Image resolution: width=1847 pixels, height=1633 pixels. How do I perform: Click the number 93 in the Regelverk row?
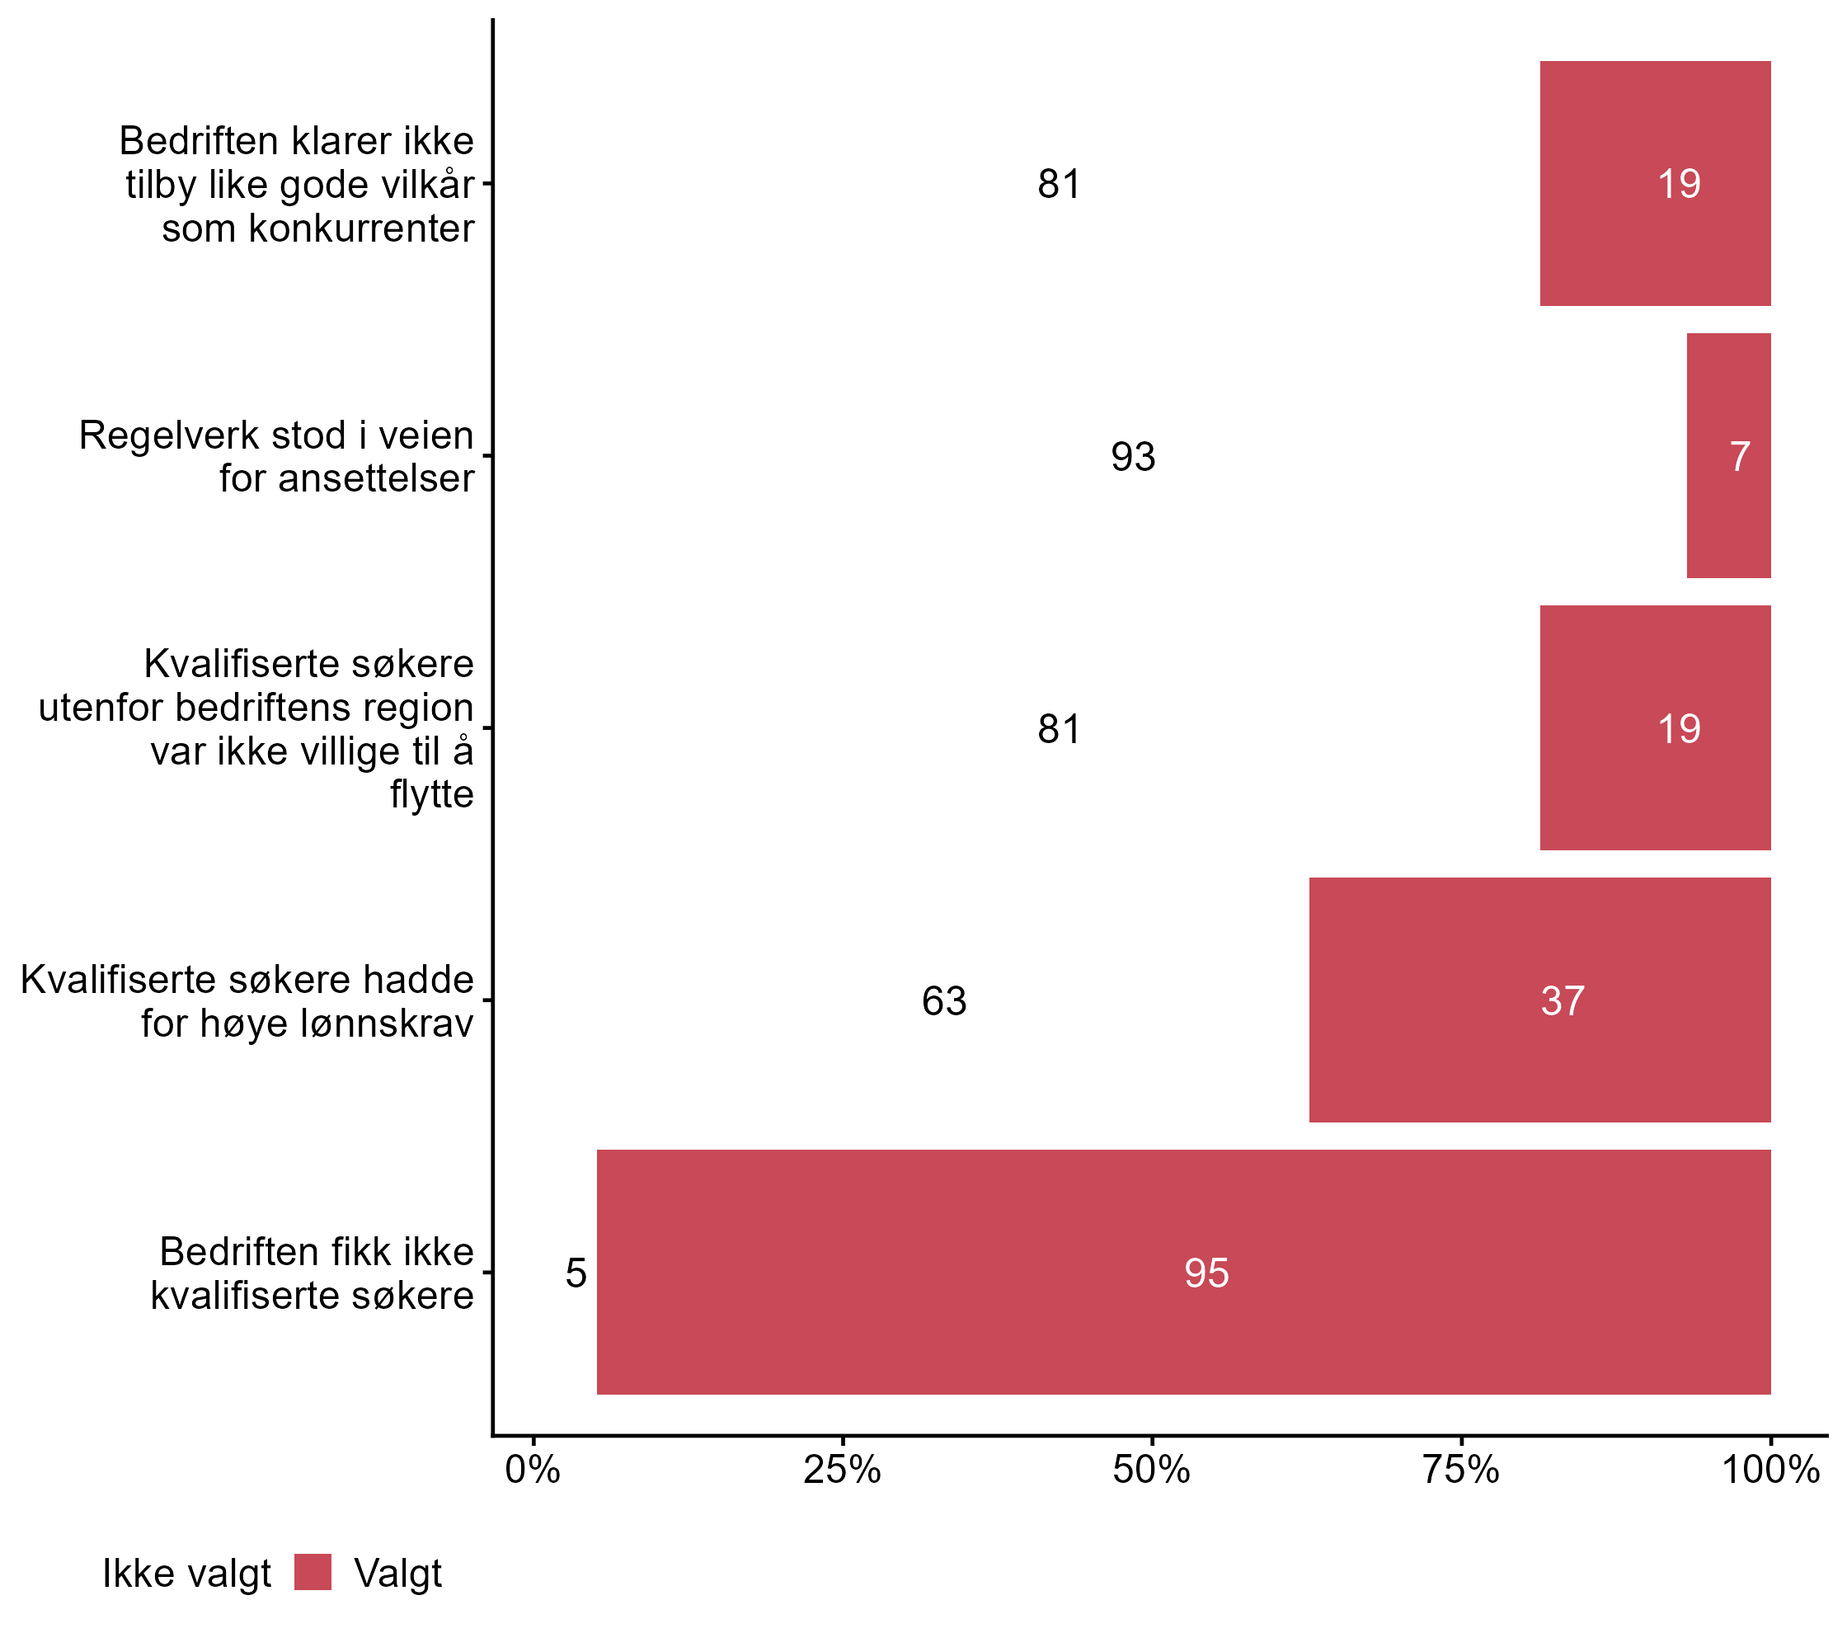(1133, 457)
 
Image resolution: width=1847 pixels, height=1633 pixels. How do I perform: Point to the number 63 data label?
(944, 1001)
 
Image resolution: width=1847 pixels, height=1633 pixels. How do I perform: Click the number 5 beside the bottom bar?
(576, 1273)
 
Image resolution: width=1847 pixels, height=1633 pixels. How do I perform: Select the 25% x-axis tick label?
(842, 1471)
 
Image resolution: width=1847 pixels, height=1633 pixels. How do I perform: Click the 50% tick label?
(1151, 1471)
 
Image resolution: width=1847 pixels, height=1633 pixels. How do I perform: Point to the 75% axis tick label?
(1461, 1471)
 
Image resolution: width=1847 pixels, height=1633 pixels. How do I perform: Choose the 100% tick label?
(1769, 1471)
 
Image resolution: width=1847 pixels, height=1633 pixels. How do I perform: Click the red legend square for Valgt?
(313, 1573)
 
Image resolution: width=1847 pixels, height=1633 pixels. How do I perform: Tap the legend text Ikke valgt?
(186, 1574)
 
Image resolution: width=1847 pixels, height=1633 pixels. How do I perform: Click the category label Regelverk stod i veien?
(276, 456)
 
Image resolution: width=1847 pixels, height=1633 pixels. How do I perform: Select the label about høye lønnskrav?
(247, 1001)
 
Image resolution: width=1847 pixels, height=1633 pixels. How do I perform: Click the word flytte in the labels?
(432, 794)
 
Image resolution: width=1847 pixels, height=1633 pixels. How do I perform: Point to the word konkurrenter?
(318, 228)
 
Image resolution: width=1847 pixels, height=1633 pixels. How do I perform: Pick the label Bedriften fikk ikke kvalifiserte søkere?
(313, 1273)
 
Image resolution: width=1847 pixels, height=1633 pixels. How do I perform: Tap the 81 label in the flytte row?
(1059, 729)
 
